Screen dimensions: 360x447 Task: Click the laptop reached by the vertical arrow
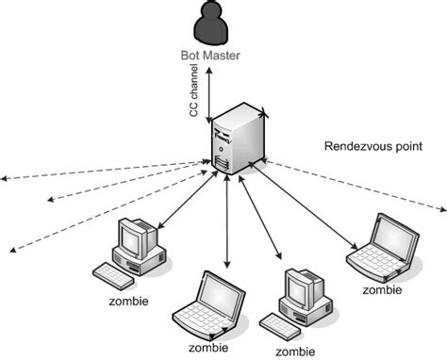205,305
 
